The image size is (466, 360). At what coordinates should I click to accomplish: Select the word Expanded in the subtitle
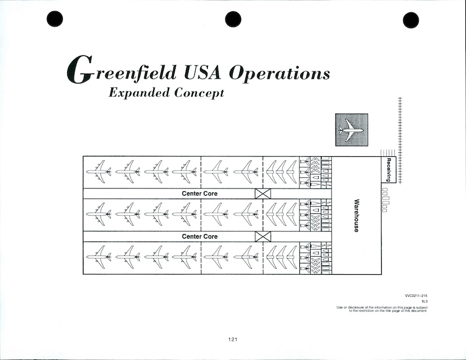140,93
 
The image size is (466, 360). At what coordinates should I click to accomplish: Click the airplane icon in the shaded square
351,130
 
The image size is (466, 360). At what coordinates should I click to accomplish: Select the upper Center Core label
199,194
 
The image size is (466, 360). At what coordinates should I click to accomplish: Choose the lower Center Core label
199,236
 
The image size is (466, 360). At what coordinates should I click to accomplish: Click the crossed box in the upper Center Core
263,194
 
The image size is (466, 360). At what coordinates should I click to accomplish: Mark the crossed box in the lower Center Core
263,236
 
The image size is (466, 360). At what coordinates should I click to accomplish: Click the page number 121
233,339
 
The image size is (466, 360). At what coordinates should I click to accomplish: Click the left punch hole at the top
55,20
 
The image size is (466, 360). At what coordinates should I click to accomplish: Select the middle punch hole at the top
233,20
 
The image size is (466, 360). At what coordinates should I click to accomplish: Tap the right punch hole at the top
411,20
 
